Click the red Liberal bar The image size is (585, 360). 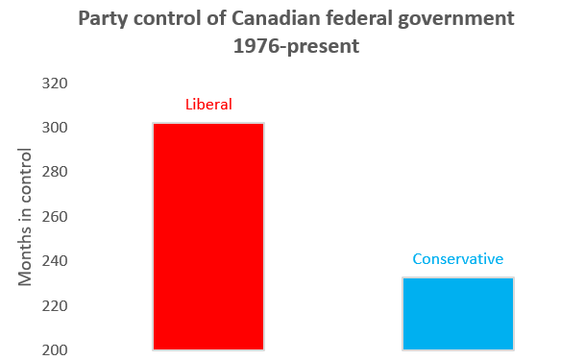208,236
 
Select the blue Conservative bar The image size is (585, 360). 458,314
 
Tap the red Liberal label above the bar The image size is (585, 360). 208,104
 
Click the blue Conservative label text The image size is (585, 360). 458,259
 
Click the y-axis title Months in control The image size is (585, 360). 27,217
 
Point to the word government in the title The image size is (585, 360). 450,19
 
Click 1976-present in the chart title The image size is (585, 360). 295,46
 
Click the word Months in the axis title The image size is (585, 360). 27,260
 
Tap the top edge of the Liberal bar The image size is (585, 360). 208,124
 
